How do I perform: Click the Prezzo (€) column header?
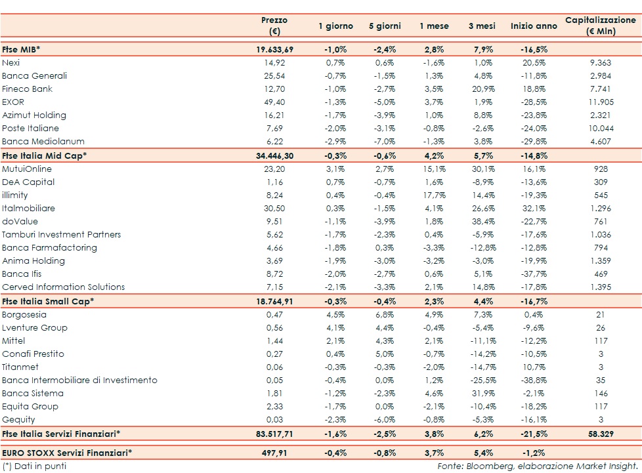[274, 26]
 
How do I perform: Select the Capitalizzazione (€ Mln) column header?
[600, 26]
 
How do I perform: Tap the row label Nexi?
[11, 62]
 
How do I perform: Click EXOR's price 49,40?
[274, 102]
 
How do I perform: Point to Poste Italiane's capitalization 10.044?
[600, 128]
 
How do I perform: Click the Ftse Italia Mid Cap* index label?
[45, 155]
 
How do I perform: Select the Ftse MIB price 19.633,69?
[274, 49]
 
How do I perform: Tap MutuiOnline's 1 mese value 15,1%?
[434, 169]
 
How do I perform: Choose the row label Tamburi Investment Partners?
[61, 234]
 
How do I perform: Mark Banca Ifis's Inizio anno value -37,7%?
[534, 274]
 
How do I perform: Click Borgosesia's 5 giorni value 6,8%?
[385, 314]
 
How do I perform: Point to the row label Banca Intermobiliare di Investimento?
[79, 380]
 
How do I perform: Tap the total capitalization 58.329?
[600, 434]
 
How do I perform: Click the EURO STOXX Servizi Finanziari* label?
[67, 452]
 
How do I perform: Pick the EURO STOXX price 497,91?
[274, 452]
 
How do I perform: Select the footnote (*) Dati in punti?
[34, 466]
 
